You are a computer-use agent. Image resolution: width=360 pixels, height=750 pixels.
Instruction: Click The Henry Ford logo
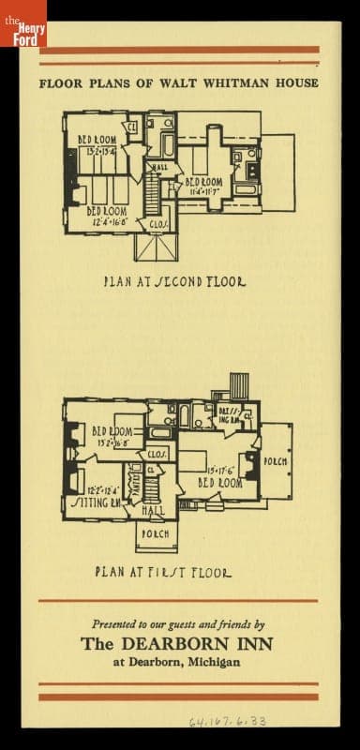tap(22, 23)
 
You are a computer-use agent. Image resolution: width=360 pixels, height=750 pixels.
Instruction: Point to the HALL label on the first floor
tap(153, 511)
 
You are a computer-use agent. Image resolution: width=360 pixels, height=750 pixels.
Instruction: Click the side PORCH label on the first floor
tap(276, 462)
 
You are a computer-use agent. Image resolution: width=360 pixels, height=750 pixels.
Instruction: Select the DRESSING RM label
tap(231, 416)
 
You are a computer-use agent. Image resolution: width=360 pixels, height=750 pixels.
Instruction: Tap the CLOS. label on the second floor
tap(158, 224)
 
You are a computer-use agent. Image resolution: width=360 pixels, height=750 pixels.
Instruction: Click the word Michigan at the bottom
tap(214, 662)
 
